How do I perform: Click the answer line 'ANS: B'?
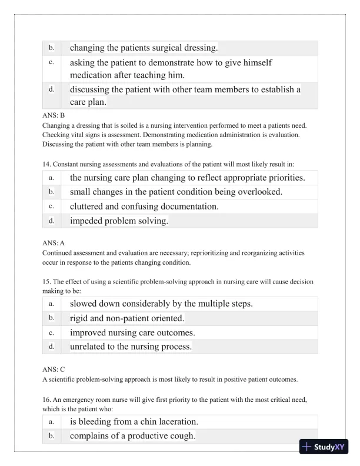54,116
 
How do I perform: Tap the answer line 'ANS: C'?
54,369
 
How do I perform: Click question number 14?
48,164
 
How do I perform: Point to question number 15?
48,281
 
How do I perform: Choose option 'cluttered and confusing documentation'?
144,207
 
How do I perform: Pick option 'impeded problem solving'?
119,221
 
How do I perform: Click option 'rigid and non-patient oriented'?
127,318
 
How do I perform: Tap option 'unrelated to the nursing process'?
131,347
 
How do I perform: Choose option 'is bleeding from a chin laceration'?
134,422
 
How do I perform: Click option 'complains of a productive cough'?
132,436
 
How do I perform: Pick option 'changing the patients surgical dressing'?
144,48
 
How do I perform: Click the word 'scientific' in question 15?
121,281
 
